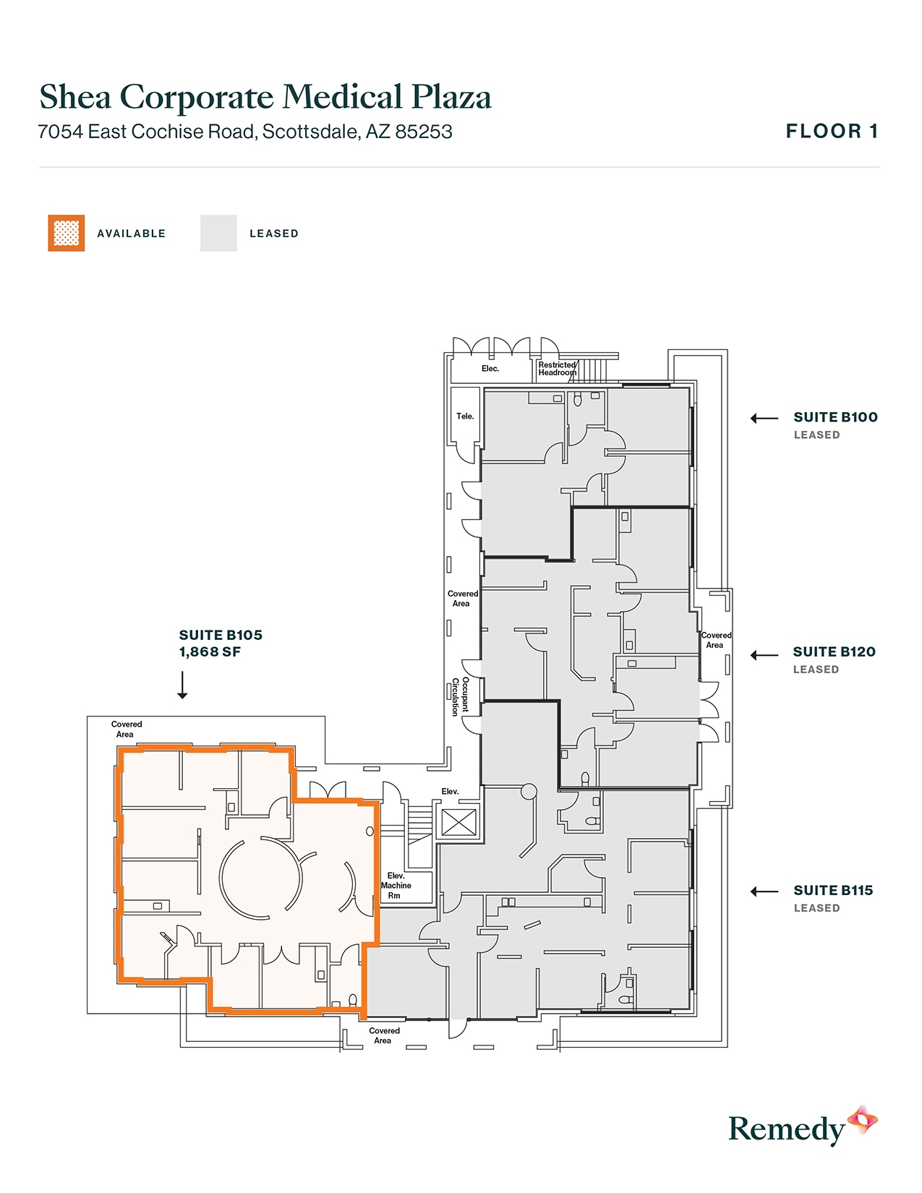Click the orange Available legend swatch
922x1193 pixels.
tap(67, 233)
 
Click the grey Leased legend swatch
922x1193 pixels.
tap(218, 233)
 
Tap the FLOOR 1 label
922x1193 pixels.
tap(832, 132)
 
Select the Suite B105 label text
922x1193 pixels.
tap(221, 635)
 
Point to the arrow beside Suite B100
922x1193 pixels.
tap(764, 418)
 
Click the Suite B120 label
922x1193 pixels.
tap(834, 651)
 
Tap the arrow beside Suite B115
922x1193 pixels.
tap(764, 891)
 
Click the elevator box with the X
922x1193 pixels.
tap(459, 822)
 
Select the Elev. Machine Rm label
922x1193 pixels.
tap(396, 885)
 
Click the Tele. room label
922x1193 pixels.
tap(465, 416)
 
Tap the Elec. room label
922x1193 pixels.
tap(490, 369)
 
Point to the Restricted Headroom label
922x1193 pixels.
tap(557, 369)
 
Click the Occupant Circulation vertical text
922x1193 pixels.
tap(461, 696)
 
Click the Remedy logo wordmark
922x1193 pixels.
tap(786, 1129)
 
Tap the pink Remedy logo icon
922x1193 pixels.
tap(862, 1120)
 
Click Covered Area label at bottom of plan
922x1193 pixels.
tap(383, 1035)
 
